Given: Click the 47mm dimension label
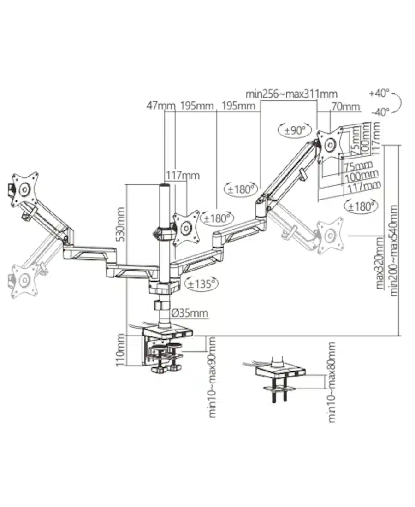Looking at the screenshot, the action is (161, 106).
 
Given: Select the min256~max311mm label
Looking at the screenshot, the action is (291, 94).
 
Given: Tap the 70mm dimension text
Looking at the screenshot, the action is (345, 106).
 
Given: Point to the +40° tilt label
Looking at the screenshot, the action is (379, 93).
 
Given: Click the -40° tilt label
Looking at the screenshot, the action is (380, 112).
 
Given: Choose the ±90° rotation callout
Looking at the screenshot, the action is (295, 130).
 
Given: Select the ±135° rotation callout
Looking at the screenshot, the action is (201, 284).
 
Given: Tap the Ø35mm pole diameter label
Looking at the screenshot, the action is (190, 313).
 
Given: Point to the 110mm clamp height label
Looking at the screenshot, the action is (120, 350).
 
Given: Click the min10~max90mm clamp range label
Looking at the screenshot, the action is (212, 377).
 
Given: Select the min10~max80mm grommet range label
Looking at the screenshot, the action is (332, 382).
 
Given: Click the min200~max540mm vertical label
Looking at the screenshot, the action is (394, 250).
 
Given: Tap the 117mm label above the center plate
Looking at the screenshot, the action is (183, 176).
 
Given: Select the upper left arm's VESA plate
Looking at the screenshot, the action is (24, 189).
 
